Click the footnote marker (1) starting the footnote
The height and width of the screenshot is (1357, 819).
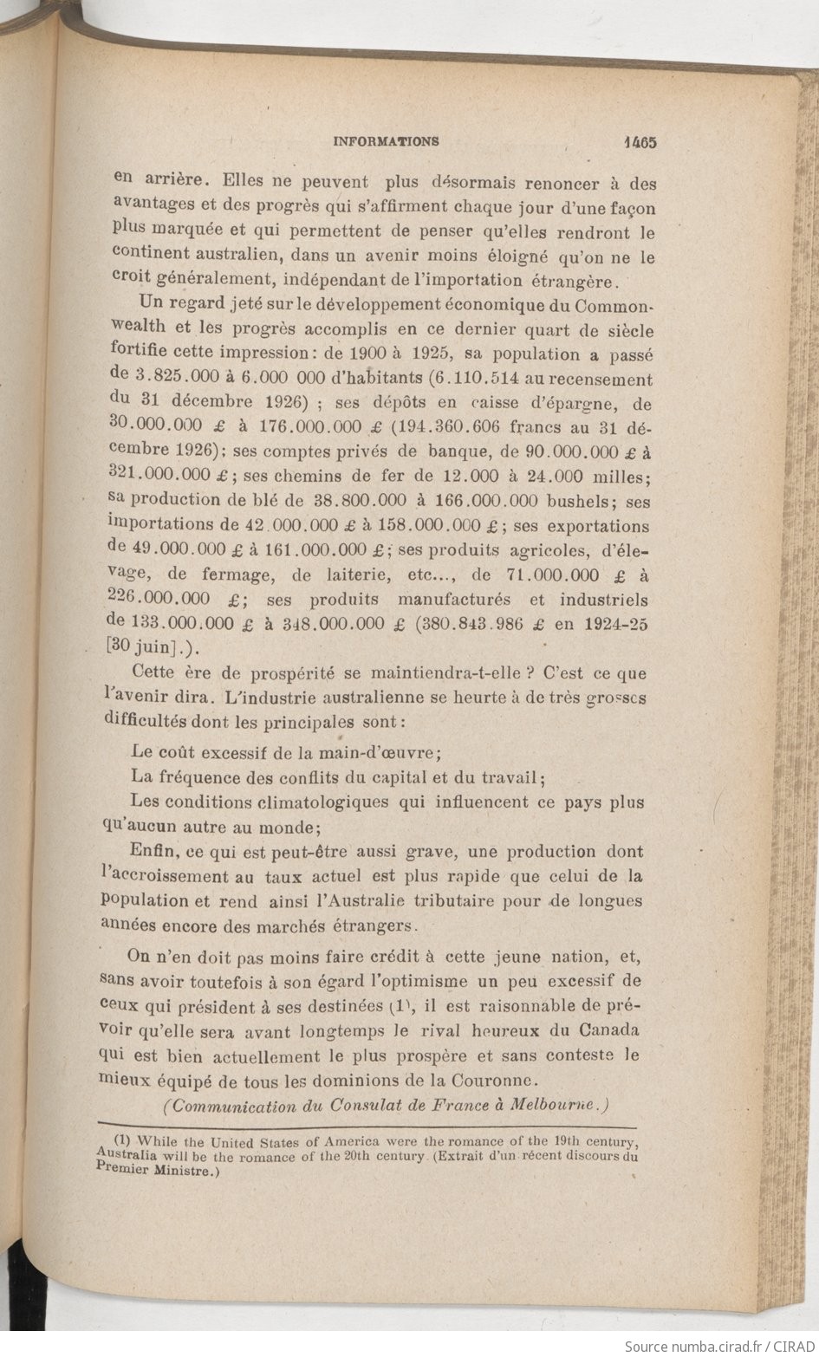(121, 1139)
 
